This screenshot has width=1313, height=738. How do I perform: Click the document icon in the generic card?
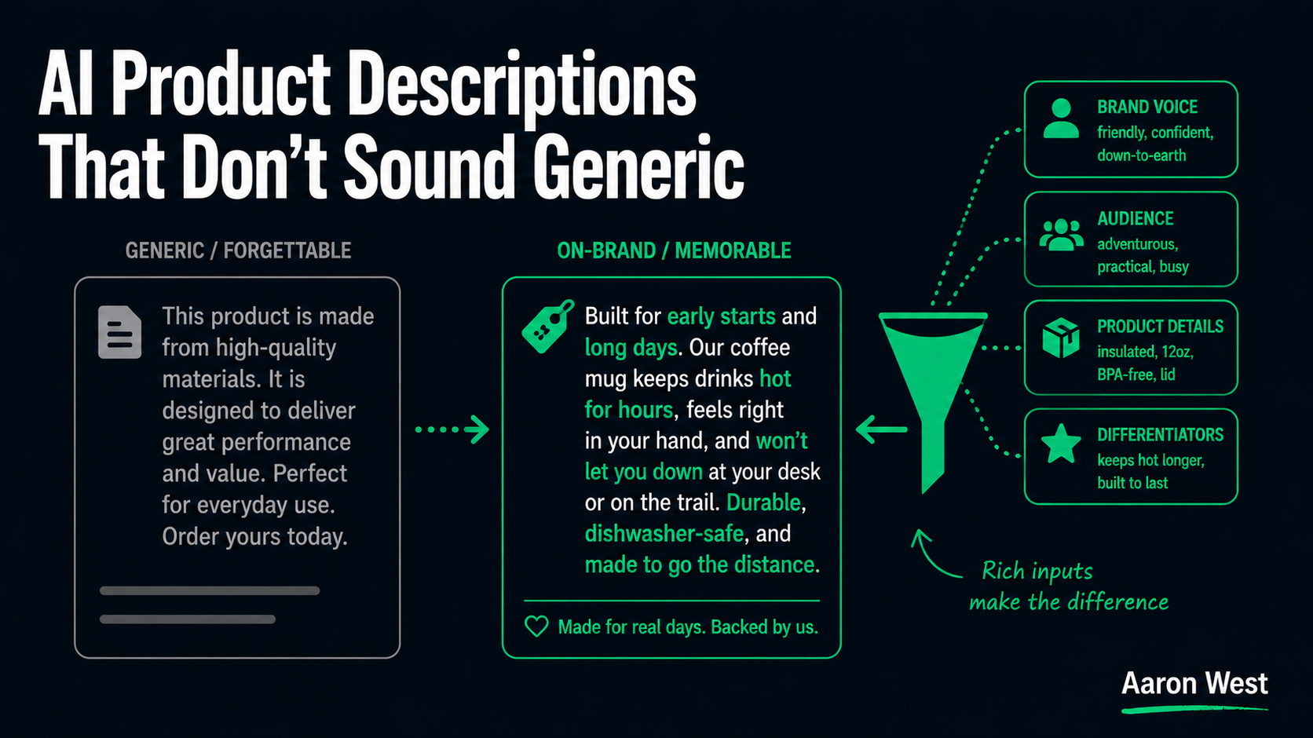pyautogui.click(x=119, y=332)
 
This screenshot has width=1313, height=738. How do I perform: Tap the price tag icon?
pyautogui.click(x=547, y=327)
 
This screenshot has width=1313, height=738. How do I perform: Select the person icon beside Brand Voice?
pyautogui.click(x=1061, y=119)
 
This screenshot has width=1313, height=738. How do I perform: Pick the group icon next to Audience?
pyautogui.click(x=1061, y=235)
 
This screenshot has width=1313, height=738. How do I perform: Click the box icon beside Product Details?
pyautogui.click(x=1061, y=338)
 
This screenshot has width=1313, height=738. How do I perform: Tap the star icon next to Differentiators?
pyautogui.click(x=1061, y=444)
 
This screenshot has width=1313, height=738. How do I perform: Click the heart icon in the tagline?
pyautogui.click(x=536, y=626)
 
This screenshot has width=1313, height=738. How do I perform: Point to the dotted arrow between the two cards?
pyautogui.click(x=452, y=429)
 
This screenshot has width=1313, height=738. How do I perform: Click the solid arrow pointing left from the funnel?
pyautogui.click(x=882, y=429)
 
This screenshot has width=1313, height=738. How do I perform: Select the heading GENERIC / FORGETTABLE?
pyautogui.click(x=238, y=251)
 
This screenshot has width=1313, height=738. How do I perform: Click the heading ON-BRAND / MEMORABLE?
pyautogui.click(x=674, y=251)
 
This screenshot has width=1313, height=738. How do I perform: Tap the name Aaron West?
pyautogui.click(x=1194, y=684)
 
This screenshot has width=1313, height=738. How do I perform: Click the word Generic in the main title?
pyautogui.click(x=639, y=168)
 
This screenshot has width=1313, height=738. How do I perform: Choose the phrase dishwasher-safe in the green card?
pyautogui.click(x=664, y=533)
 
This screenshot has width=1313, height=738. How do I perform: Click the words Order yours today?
pyautogui.click(x=255, y=536)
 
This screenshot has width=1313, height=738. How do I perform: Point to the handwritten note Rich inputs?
pyautogui.click(x=1037, y=571)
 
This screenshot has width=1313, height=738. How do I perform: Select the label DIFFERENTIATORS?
pyautogui.click(x=1160, y=435)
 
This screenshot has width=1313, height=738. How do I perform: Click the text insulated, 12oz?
pyautogui.click(x=1146, y=352)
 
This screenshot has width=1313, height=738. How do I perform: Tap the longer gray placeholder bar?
pyautogui.click(x=210, y=591)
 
